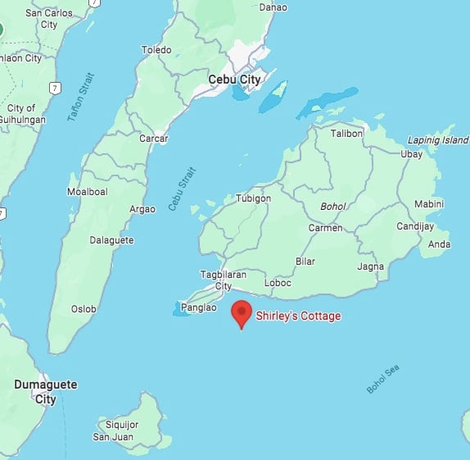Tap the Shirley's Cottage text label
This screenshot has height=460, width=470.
click(x=298, y=316)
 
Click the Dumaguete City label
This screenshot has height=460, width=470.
click(x=45, y=391)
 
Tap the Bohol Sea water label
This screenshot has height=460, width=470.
click(x=382, y=379)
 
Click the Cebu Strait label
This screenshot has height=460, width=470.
click(x=183, y=189)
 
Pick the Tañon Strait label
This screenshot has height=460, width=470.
click(x=82, y=98)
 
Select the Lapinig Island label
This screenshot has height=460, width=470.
click(x=438, y=140)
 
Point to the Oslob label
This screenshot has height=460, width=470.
click(x=84, y=309)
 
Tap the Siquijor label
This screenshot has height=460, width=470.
click(x=121, y=425)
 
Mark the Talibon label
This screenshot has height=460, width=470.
click(x=346, y=133)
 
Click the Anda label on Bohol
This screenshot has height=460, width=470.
click(x=439, y=244)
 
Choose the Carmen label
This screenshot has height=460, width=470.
click(x=325, y=227)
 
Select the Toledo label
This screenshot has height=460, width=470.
click(x=156, y=50)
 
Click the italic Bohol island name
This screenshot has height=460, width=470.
click(x=332, y=207)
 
